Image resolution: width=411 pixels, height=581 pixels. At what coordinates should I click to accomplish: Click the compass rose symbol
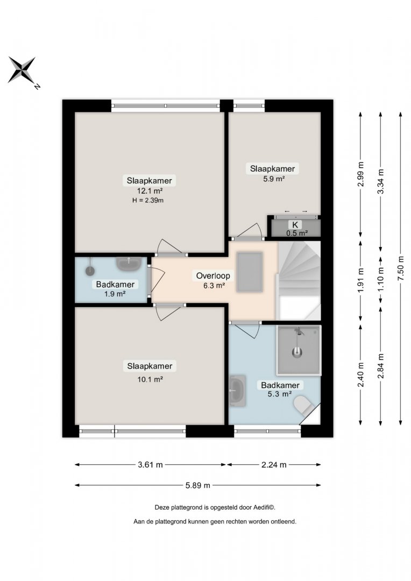coord(22,70)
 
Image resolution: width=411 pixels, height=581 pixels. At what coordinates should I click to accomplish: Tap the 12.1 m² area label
coord(150,191)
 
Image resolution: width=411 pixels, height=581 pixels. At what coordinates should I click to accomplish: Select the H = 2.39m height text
coord(148,201)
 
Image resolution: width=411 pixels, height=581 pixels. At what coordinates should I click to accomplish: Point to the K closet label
coord(295,224)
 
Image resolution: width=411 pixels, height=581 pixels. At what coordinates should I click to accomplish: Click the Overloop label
coord(213,275)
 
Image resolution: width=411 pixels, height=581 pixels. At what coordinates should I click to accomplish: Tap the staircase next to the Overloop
coord(299,280)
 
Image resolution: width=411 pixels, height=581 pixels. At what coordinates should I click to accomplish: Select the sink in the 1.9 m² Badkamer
coord(129,264)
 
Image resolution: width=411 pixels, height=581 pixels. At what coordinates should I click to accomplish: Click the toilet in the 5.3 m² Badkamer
coord(304,406)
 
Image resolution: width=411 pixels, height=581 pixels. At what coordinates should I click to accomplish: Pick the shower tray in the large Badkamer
coord(299,350)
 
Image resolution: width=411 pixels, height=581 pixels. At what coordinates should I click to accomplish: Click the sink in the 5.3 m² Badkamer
coord(237,391)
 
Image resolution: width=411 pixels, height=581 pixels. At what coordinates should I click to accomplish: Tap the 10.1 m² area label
coord(150,379)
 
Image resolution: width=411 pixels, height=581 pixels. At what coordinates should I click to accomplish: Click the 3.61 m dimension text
coord(150,465)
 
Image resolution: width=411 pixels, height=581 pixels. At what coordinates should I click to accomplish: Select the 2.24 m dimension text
coord(274,465)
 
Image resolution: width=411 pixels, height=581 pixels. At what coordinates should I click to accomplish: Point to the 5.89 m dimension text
coord(198,485)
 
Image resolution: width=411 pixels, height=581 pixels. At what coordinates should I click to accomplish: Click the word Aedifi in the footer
coord(261,508)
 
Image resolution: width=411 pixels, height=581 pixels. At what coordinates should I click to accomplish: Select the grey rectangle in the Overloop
coord(250,272)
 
